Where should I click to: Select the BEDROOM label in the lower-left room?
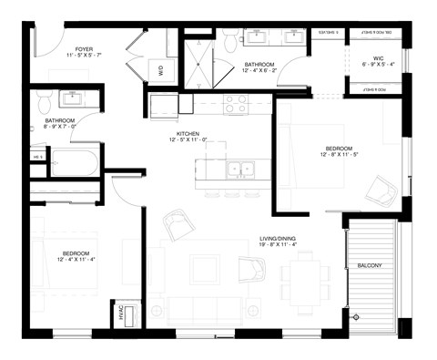click(x=75, y=252)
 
